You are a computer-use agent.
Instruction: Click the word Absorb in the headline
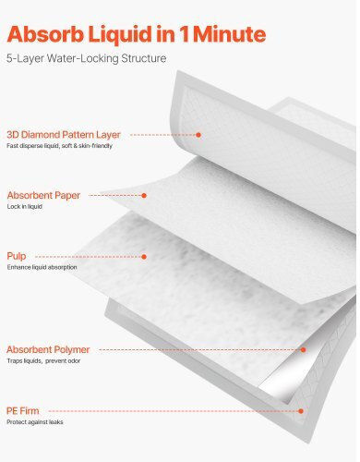(x=45, y=34)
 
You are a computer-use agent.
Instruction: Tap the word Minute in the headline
(x=229, y=34)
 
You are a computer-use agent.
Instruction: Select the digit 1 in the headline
(x=184, y=34)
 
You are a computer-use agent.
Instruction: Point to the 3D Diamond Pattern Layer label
(x=64, y=135)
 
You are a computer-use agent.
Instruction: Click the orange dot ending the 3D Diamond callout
(x=198, y=135)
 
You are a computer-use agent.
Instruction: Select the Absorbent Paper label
(x=43, y=195)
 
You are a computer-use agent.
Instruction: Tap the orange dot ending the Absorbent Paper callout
(x=144, y=195)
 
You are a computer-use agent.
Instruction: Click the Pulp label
(x=17, y=256)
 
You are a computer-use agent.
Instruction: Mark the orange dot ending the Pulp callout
(x=144, y=257)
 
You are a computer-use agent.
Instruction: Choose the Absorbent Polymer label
(x=48, y=349)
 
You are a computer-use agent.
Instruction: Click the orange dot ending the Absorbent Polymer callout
(x=303, y=349)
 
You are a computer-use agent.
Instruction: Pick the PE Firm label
(x=23, y=410)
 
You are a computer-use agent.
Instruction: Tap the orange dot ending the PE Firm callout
(x=301, y=411)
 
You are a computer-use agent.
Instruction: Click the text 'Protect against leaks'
(x=35, y=422)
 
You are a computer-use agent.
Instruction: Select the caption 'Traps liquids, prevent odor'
(x=43, y=360)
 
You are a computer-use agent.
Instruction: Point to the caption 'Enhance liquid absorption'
(x=42, y=267)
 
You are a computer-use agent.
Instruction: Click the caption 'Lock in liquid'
(x=25, y=206)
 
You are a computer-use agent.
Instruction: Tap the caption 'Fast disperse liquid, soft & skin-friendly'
(x=59, y=146)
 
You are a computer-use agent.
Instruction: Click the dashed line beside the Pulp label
(x=89, y=257)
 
